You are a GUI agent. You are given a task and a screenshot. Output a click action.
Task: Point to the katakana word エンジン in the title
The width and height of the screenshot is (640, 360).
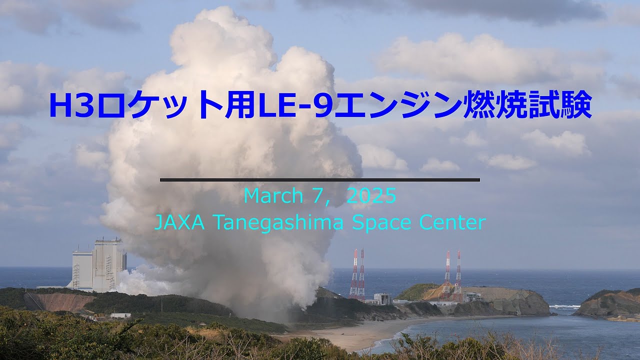click(x=397, y=104)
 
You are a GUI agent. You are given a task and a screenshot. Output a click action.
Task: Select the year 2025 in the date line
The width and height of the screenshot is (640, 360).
click(x=371, y=196)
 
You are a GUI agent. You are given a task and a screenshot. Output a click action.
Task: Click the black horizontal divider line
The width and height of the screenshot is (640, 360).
click(x=320, y=179)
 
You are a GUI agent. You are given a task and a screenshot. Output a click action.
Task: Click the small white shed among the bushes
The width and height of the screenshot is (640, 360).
click(x=120, y=315)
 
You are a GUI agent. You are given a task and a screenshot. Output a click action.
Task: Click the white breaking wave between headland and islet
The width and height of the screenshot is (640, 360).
click(x=564, y=306)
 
